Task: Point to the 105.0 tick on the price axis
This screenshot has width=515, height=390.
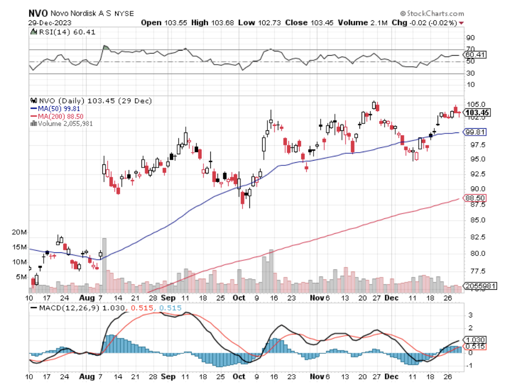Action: pyautogui.click(x=475, y=105)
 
